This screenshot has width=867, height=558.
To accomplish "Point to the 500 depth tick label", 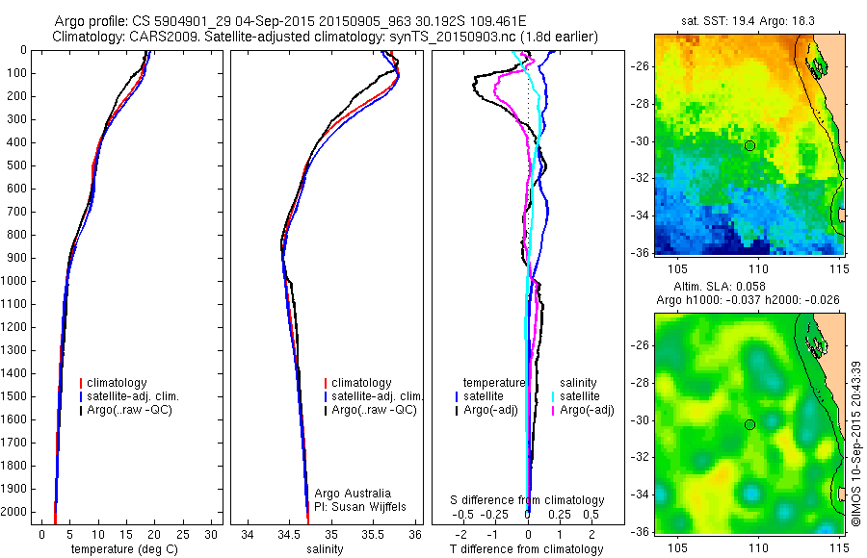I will tap(15, 165).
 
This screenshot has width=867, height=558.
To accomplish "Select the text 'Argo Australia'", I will tap(354, 493).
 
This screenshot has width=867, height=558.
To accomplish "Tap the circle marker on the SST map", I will tap(749, 145).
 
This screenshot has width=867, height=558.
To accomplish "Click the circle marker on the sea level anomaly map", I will tap(749, 424).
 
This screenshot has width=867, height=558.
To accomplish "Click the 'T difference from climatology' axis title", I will tap(526, 549).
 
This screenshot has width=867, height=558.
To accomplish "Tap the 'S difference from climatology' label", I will tap(528, 500).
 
